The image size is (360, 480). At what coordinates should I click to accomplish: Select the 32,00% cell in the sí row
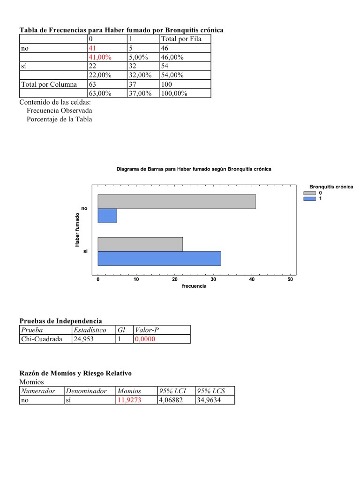140,75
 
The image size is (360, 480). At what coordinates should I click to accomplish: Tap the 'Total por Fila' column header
181,39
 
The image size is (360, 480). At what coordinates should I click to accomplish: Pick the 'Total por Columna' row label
46,84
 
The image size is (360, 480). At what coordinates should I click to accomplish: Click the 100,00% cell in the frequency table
174,93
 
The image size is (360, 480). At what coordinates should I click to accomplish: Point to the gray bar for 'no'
176,201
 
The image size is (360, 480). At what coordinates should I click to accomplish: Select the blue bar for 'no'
107,216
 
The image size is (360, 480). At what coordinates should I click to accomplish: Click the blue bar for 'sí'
159,258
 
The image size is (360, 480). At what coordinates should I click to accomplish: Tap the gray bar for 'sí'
140,244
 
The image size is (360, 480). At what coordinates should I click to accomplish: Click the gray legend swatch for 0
309,193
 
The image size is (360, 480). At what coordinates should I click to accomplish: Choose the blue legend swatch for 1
309,199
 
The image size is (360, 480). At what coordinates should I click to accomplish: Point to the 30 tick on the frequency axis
213,279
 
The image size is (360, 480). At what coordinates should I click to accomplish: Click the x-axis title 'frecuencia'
194,286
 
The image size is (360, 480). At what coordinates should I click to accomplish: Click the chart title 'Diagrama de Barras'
194,169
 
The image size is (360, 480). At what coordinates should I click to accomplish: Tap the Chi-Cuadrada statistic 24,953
83,339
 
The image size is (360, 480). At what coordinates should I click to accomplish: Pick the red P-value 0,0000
145,339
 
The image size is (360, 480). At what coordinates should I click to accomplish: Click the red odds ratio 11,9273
129,400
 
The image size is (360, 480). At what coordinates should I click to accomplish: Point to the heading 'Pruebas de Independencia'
60,321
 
